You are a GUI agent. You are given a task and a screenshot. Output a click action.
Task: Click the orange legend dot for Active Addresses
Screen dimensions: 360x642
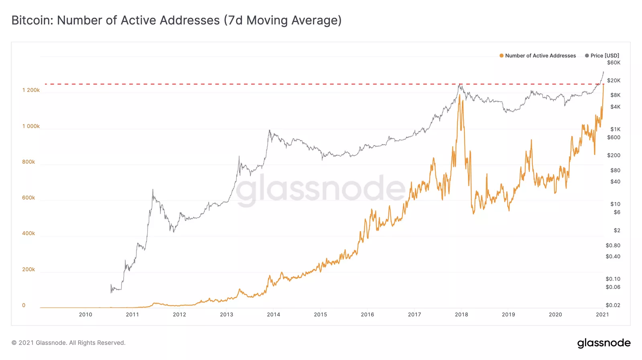[x=502, y=56]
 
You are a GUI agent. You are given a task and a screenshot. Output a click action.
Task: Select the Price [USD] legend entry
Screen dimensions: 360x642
[x=604, y=56]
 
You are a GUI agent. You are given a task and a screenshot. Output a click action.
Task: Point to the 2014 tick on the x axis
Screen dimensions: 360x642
[x=273, y=315]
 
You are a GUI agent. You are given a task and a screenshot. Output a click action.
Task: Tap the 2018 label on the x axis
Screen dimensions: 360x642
[x=461, y=315]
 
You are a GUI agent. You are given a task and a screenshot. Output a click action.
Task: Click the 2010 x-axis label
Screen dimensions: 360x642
[x=85, y=315]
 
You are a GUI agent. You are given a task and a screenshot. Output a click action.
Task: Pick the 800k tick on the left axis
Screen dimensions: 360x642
[x=28, y=162]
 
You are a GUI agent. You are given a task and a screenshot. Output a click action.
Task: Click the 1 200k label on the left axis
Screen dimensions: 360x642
[x=31, y=90]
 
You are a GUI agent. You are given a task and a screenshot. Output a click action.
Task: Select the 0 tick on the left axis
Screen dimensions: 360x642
[x=24, y=305]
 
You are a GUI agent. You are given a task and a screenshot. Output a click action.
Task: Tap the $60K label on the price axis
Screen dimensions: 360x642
[x=614, y=63]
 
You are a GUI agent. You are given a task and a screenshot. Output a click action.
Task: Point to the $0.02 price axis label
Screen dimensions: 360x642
[x=613, y=305]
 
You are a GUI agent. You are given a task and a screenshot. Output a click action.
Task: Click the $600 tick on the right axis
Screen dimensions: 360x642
[x=614, y=138]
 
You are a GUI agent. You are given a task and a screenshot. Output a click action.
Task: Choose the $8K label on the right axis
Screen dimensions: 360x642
[x=615, y=95]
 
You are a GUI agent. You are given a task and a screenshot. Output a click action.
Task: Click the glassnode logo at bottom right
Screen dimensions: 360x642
[x=603, y=343]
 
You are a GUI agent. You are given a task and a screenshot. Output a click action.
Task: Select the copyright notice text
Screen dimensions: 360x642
[x=69, y=343]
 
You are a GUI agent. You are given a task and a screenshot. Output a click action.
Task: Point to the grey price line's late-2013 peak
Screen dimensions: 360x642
[x=269, y=130]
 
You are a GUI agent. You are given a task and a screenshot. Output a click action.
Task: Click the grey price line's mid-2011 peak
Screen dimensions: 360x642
[x=152, y=189]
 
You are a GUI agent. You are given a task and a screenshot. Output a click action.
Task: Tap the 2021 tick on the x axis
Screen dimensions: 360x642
[x=602, y=315]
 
